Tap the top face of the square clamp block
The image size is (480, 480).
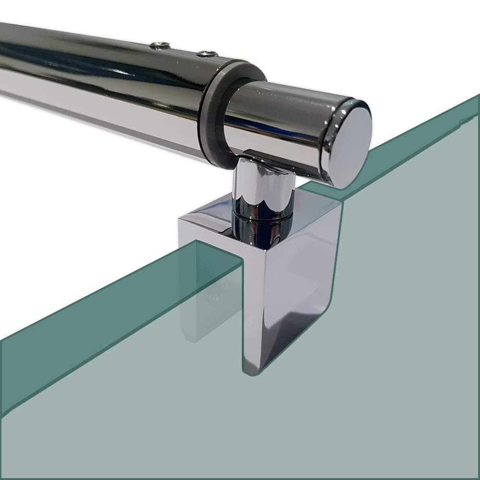coord(211,226)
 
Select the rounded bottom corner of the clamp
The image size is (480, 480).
coord(252,372)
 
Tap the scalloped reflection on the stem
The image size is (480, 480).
coord(262,194)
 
